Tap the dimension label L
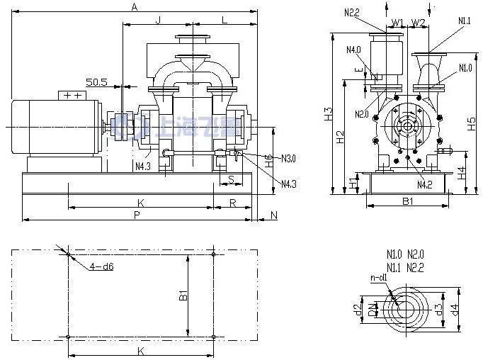point(224,19)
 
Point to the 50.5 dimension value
point(97,82)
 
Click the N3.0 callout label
point(288,157)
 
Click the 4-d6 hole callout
point(101,266)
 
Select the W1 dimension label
point(397,23)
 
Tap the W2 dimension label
point(418,23)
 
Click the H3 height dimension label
point(328,113)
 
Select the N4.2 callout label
point(424,185)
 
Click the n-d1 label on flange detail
point(379,278)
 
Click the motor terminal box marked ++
point(72,95)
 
